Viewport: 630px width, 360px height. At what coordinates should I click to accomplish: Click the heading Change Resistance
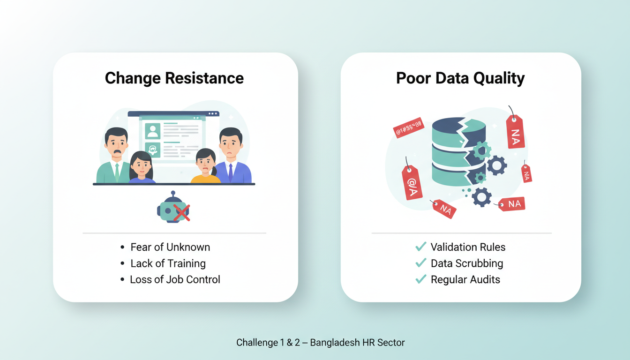coord(174,78)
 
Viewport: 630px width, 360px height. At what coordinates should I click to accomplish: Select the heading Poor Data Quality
coord(460,78)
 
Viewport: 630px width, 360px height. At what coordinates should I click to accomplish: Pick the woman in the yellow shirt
coord(205,167)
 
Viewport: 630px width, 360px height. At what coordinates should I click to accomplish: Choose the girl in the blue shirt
coord(141,168)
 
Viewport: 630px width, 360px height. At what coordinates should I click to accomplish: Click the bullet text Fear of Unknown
coord(170,247)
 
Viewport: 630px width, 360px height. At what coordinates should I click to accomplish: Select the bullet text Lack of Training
coord(168,263)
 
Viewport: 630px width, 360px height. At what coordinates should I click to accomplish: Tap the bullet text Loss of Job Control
coord(175,279)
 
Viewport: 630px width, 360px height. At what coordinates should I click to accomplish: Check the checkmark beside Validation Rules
coord(421,247)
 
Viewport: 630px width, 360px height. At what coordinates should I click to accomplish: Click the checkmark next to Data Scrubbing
coord(421,263)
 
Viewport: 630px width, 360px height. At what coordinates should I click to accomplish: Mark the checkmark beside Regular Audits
coord(421,279)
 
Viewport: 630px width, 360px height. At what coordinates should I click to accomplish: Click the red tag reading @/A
coord(412,183)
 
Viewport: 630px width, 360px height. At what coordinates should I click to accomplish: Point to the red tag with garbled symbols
coord(408,127)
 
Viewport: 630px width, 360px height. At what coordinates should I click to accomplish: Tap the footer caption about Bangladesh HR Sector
coord(320,342)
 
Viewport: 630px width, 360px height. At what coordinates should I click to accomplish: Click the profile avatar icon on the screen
coord(153,131)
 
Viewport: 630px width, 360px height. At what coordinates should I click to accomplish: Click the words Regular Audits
coord(465,279)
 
